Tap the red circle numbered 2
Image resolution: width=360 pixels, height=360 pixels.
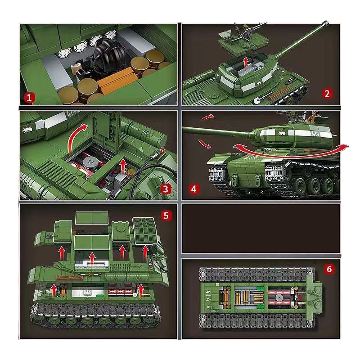(x=327, y=94)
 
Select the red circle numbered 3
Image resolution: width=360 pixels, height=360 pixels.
(x=166, y=189)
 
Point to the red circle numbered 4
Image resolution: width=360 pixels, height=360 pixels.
(x=194, y=189)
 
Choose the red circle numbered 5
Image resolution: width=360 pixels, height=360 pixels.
(x=166, y=216)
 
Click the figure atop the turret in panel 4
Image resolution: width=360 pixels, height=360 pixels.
(x=310, y=118)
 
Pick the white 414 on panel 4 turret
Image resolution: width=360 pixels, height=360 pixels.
(x=315, y=135)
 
